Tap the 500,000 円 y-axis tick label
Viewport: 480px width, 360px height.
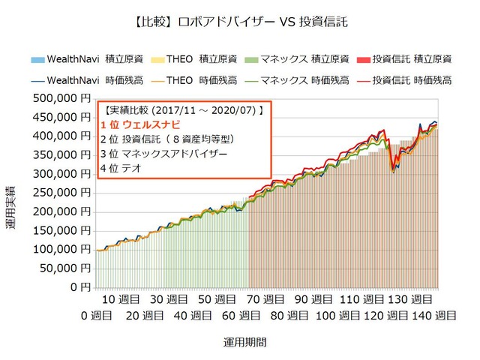point(63,98)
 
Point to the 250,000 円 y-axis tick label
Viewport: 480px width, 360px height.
point(63,193)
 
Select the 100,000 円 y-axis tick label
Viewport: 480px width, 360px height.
point(63,250)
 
